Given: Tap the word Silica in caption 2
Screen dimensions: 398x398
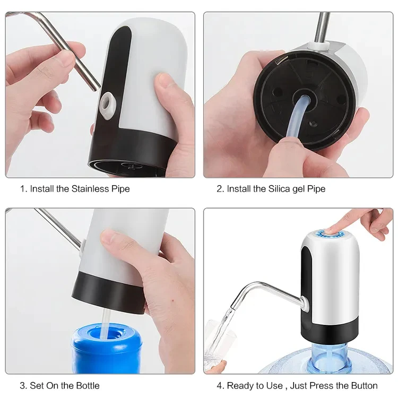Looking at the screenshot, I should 276,188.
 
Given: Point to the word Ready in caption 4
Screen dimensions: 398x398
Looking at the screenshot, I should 239,385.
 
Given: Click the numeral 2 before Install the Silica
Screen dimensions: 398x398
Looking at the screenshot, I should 219,188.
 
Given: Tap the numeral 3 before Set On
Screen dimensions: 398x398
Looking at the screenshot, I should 22,385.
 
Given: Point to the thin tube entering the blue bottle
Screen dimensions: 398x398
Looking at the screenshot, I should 106,321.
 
